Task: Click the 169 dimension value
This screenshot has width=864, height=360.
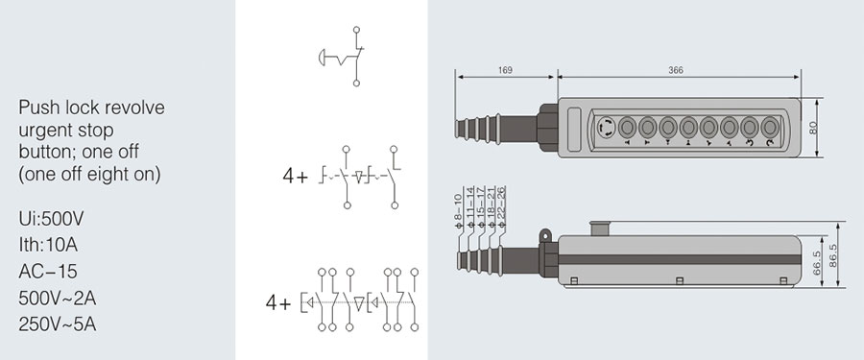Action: point(505,70)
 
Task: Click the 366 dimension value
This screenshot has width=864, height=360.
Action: point(676,70)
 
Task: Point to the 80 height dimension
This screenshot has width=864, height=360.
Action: point(814,128)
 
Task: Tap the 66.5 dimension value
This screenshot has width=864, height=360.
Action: point(817,263)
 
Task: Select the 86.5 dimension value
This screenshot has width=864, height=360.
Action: point(832,255)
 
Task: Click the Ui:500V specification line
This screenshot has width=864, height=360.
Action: point(51,219)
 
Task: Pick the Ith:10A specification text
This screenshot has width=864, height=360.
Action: point(48,245)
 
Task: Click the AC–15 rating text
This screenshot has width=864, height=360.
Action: point(48,272)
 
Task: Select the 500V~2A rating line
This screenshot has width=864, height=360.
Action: point(58,299)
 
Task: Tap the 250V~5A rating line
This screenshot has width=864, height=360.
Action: point(58,324)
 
